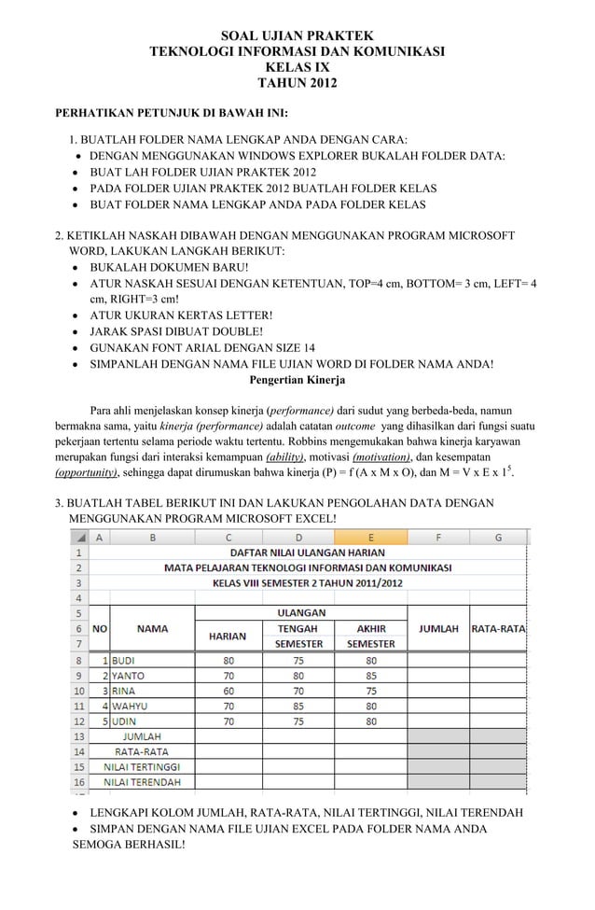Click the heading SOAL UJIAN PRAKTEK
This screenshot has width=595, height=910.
click(x=297, y=35)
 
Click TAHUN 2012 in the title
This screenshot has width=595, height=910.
click(x=297, y=84)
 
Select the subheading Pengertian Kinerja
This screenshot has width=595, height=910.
click(x=297, y=380)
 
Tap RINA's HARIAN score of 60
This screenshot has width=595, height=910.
click(x=228, y=690)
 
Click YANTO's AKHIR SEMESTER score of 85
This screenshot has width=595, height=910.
click(x=371, y=675)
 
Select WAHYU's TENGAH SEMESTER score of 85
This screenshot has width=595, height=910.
click(x=298, y=706)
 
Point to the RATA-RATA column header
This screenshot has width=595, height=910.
click(x=499, y=628)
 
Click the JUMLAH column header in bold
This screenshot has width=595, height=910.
click(x=438, y=628)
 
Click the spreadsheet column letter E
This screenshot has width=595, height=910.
click(x=371, y=537)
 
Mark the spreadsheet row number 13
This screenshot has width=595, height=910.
click(x=80, y=735)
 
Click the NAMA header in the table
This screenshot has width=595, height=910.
click(x=152, y=628)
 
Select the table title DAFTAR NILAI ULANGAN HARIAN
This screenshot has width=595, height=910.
click(x=298, y=552)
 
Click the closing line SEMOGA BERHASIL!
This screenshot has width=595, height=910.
click(x=129, y=845)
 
